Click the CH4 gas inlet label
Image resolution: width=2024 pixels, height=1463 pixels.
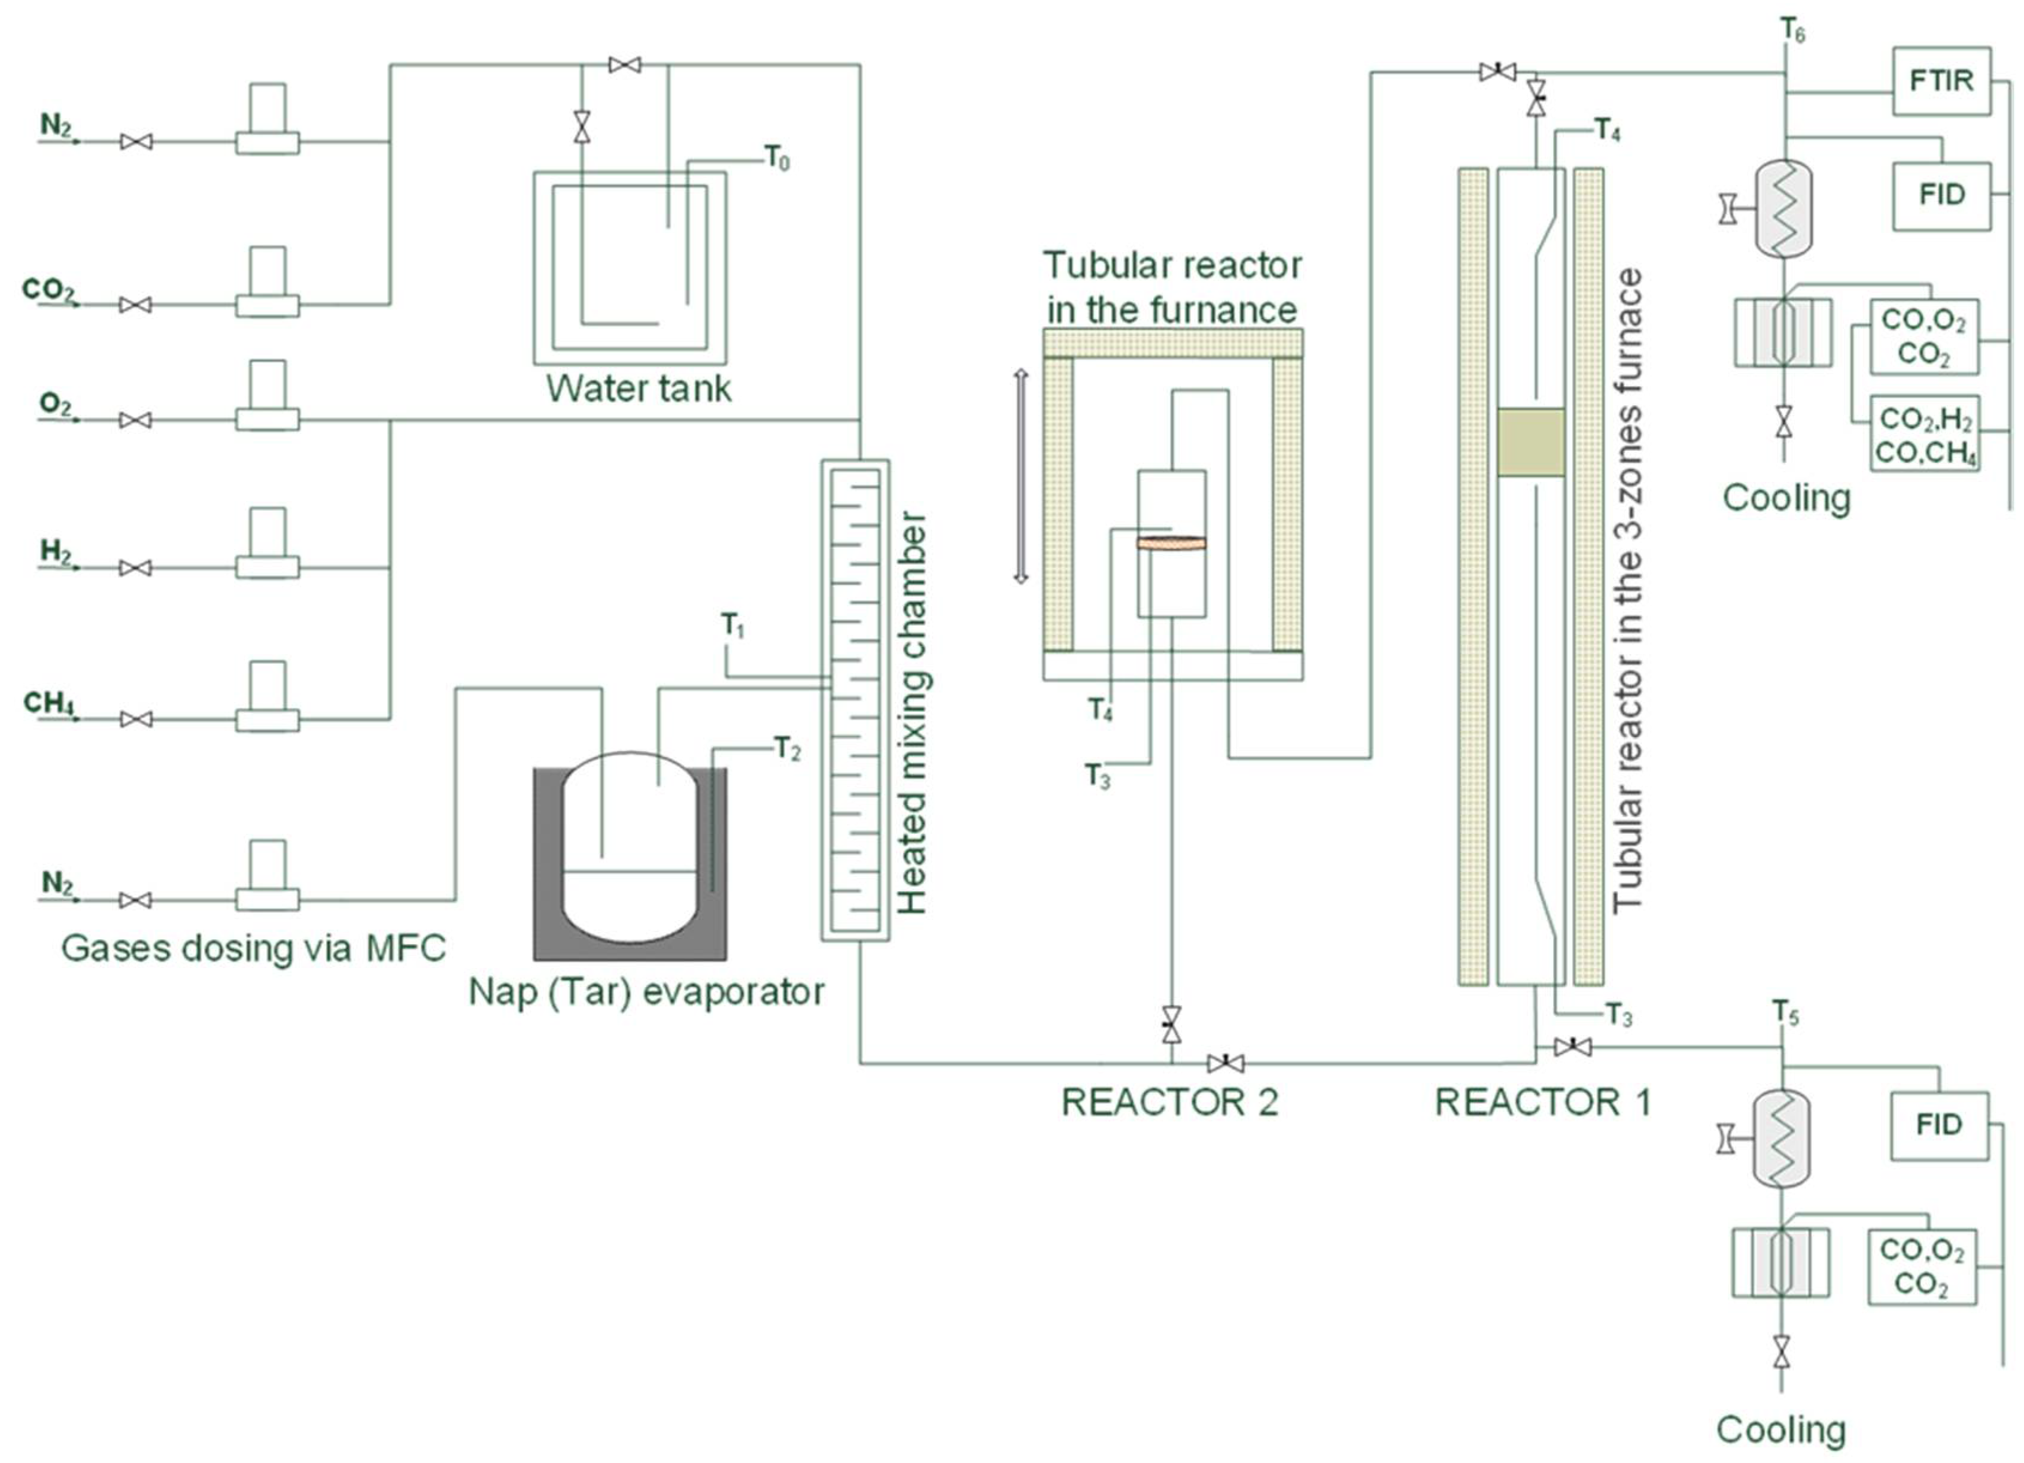click(49, 703)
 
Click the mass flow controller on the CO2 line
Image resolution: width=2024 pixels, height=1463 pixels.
click(267, 281)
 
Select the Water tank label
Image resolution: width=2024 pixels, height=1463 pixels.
click(638, 389)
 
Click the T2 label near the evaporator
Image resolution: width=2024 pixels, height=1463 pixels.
click(787, 748)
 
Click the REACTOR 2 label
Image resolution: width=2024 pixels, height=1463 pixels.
click(1169, 1103)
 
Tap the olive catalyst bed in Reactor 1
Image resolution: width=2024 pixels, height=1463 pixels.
click(1530, 442)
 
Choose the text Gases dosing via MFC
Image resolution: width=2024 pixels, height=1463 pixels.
click(253, 948)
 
